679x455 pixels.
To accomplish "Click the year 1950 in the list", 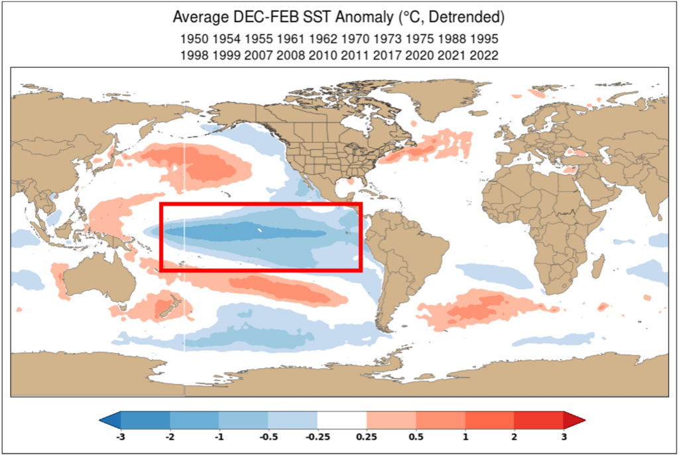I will tap(193, 39).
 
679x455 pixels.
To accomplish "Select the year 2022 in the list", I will tap(484, 56).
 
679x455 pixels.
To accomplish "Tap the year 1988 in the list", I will tap(452, 39).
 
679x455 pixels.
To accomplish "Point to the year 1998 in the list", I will tap(193, 56).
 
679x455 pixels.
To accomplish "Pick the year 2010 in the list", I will tap(322, 56).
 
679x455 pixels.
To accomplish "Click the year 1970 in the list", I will tap(355, 39).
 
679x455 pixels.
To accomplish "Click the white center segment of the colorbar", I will tap(342, 420).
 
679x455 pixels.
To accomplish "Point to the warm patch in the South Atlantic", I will tap(477, 307).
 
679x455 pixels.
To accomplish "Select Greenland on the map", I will tap(438, 99).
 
